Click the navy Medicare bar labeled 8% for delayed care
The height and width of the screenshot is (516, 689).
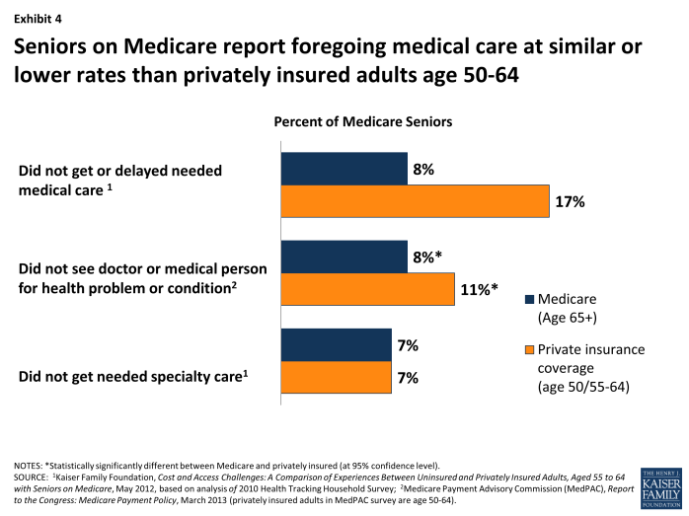click(344, 169)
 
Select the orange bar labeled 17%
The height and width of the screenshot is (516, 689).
click(415, 200)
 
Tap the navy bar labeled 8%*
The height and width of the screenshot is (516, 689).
click(344, 258)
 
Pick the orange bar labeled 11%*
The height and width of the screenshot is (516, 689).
click(367, 289)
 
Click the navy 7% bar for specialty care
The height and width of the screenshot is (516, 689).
click(336, 345)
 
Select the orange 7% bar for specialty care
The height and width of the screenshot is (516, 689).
click(336, 377)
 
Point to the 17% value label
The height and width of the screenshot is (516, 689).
click(570, 201)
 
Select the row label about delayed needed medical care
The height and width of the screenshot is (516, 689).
click(119, 179)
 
